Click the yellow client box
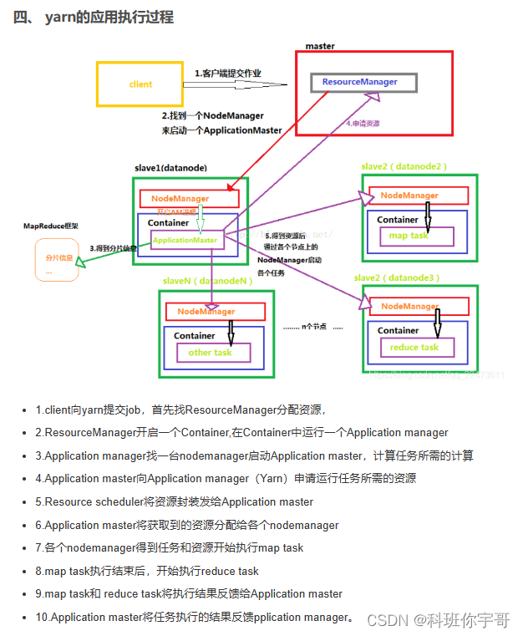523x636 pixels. coord(140,84)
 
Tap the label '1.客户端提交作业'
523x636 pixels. coord(228,74)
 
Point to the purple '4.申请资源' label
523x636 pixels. coord(363,123)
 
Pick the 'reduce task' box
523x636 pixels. coord(414,347)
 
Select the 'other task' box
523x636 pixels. coord(210,352)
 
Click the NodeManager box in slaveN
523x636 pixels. coord(216,312)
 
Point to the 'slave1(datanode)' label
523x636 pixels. coord(170,167)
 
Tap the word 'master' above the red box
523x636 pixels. coord(320,45)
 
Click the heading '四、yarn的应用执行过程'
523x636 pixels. coord(94,17)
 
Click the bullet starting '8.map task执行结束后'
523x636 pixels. coord(147,572)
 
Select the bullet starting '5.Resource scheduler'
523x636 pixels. coord(174,502)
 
